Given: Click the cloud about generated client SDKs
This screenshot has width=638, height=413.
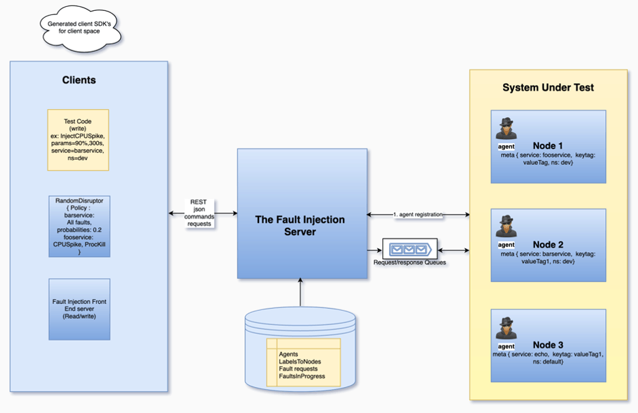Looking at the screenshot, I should tap(79, 27).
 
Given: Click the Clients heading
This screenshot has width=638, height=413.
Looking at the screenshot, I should tap(79, 80).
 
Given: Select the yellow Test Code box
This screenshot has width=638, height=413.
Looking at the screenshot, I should tap(78, 140).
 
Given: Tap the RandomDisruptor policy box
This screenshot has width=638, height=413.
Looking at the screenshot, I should tap(79, 226).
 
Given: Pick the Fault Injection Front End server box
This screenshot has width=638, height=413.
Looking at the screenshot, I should tap(79, 309).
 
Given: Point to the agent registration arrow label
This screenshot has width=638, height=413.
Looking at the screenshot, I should tap(417, 215).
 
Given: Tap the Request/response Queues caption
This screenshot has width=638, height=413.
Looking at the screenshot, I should tap(410, 262).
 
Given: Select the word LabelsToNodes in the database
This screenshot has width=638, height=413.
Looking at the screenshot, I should tap(300, 361).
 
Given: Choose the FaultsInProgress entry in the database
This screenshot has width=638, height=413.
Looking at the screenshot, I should tap(302, 376).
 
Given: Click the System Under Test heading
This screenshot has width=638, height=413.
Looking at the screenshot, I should tap(548, 87).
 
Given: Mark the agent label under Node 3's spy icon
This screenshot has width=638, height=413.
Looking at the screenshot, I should tap(506, 345).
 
